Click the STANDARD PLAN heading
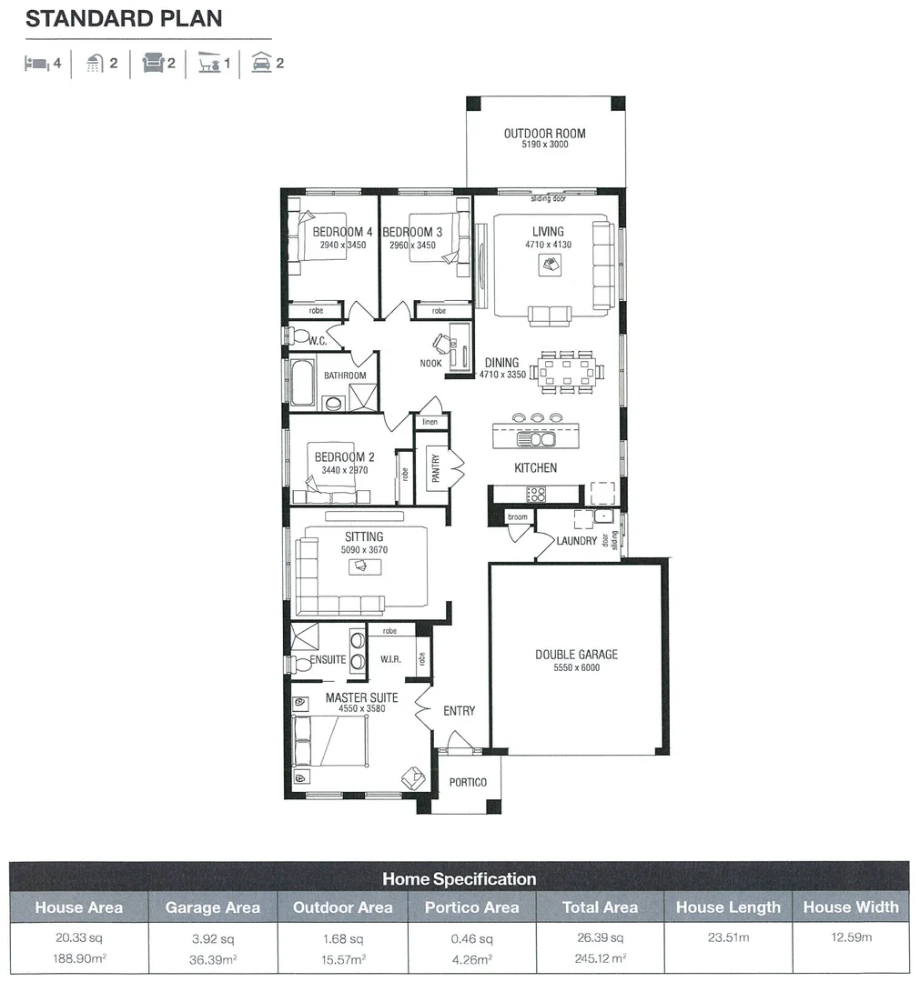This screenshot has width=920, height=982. (x=124, y=19)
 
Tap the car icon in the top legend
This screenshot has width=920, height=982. (x=261, y=64)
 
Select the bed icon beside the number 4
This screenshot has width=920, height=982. (x=37, y=64)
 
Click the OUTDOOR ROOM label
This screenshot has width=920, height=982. (x=545, y=134)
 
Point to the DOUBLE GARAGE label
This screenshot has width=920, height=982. (x=576, y=655)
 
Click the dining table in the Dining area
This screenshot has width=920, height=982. (x=566, y=371)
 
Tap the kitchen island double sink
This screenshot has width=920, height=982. (x=536, y=439)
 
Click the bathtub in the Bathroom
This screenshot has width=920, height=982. (x=302, y=383)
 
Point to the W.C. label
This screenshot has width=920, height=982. (x=318, y=341)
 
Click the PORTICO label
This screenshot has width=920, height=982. (x=468, y=782)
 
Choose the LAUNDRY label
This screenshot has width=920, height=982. (x=577, y=541)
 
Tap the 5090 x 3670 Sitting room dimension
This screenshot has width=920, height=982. (x=364, y=550)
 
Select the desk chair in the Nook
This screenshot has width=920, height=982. (x=441, y=343)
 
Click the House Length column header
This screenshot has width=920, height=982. (x=728, y=907)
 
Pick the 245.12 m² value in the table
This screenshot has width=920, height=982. (x=600, y=957)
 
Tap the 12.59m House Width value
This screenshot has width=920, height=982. (x=851, y=937)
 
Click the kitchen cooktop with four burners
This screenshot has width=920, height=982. (x=536, y=495)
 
